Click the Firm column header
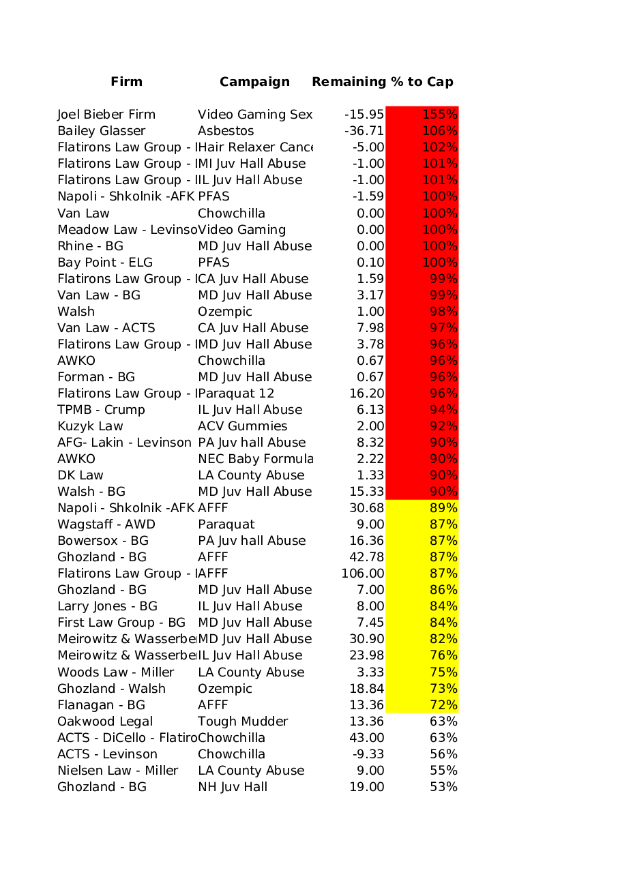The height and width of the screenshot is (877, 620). coord(126,82)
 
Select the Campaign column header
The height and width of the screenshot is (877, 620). coord(254,82)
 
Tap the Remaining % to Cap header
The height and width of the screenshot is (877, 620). coord(382,82)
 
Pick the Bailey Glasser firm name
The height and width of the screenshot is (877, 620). coord(101,131)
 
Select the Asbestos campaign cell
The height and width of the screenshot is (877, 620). coord(226,131)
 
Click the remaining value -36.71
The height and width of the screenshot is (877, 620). coord(364,131)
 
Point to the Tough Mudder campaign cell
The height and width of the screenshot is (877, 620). coord(243,722)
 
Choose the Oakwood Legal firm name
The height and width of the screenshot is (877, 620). coord(105,722)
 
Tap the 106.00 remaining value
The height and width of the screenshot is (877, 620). coord(363,574)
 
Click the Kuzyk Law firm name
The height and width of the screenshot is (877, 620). coord(90,426)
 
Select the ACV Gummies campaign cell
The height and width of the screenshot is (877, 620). coord(242,426)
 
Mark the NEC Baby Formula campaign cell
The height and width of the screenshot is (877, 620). coord(255,459)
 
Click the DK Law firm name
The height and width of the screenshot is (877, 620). coord(80,475)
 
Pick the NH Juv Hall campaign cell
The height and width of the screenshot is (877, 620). coord(233,787)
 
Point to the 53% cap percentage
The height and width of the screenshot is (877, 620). coord(443,787)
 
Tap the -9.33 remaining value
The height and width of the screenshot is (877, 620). coord(368,754)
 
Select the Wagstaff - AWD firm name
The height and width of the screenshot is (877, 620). coord(106,524)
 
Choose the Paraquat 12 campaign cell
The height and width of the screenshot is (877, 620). coord(236,393)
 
